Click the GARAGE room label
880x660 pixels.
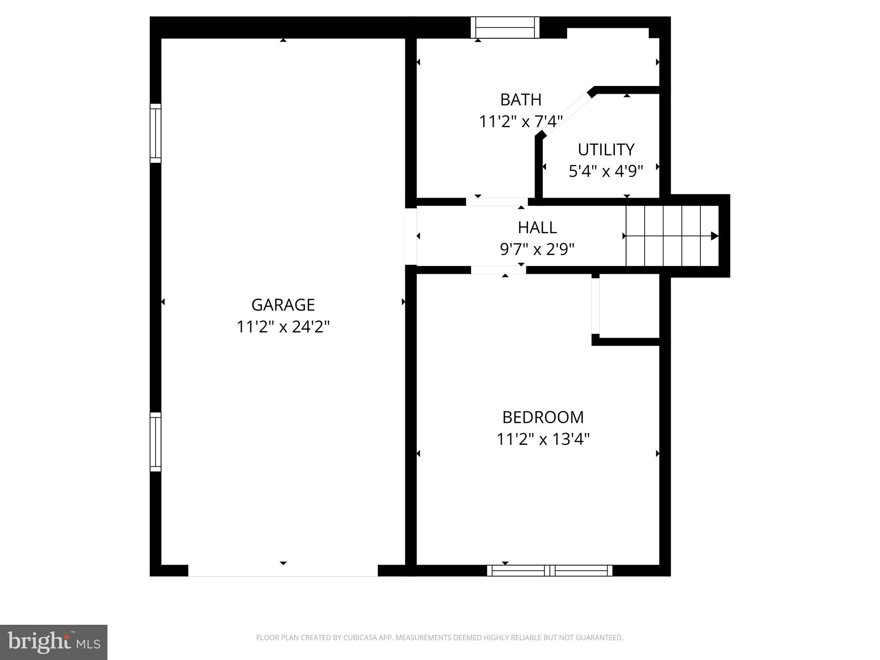[283, 305]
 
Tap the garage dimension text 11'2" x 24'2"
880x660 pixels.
[283, 327]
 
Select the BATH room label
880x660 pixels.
[520, 100]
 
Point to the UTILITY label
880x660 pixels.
[605, 150]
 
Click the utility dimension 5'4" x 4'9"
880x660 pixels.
[605, 171]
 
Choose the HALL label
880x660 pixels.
[537, 227]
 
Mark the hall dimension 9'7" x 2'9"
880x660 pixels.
[537, 249]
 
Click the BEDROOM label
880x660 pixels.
[543, 417]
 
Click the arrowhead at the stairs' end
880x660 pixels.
[714, 236]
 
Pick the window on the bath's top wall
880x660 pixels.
[505, 27]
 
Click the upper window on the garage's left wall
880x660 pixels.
[155, 133]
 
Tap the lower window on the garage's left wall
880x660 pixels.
[155, 442]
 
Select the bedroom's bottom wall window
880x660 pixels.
[550, 571]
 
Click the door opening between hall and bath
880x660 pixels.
[497, 202]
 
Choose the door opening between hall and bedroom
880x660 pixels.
[498, 270]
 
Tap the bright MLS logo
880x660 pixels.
[54, 642]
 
